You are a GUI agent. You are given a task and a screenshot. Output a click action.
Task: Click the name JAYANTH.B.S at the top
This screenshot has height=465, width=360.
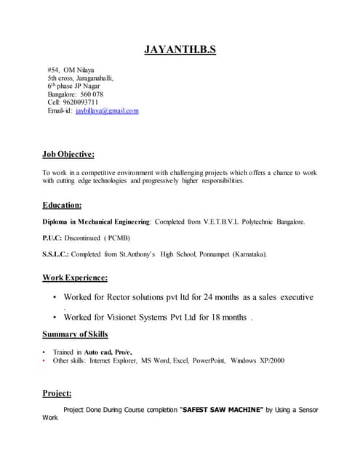pos(180,50)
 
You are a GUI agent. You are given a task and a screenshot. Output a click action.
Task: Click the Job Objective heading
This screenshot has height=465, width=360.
pos(68,154)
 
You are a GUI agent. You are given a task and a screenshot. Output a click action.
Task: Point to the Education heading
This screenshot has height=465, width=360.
pos(62,205)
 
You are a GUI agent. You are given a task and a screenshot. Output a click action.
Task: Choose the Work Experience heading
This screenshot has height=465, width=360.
pos(75,278)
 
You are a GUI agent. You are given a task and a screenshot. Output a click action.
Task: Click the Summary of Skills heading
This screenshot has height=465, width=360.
pos(75,334)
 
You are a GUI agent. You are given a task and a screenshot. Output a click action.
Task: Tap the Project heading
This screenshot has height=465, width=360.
pos(57,393)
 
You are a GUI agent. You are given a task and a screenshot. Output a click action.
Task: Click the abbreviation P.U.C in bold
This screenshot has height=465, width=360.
pos(52,238)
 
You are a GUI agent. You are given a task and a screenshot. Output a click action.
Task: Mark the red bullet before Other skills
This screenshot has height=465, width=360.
pos(44,360)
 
